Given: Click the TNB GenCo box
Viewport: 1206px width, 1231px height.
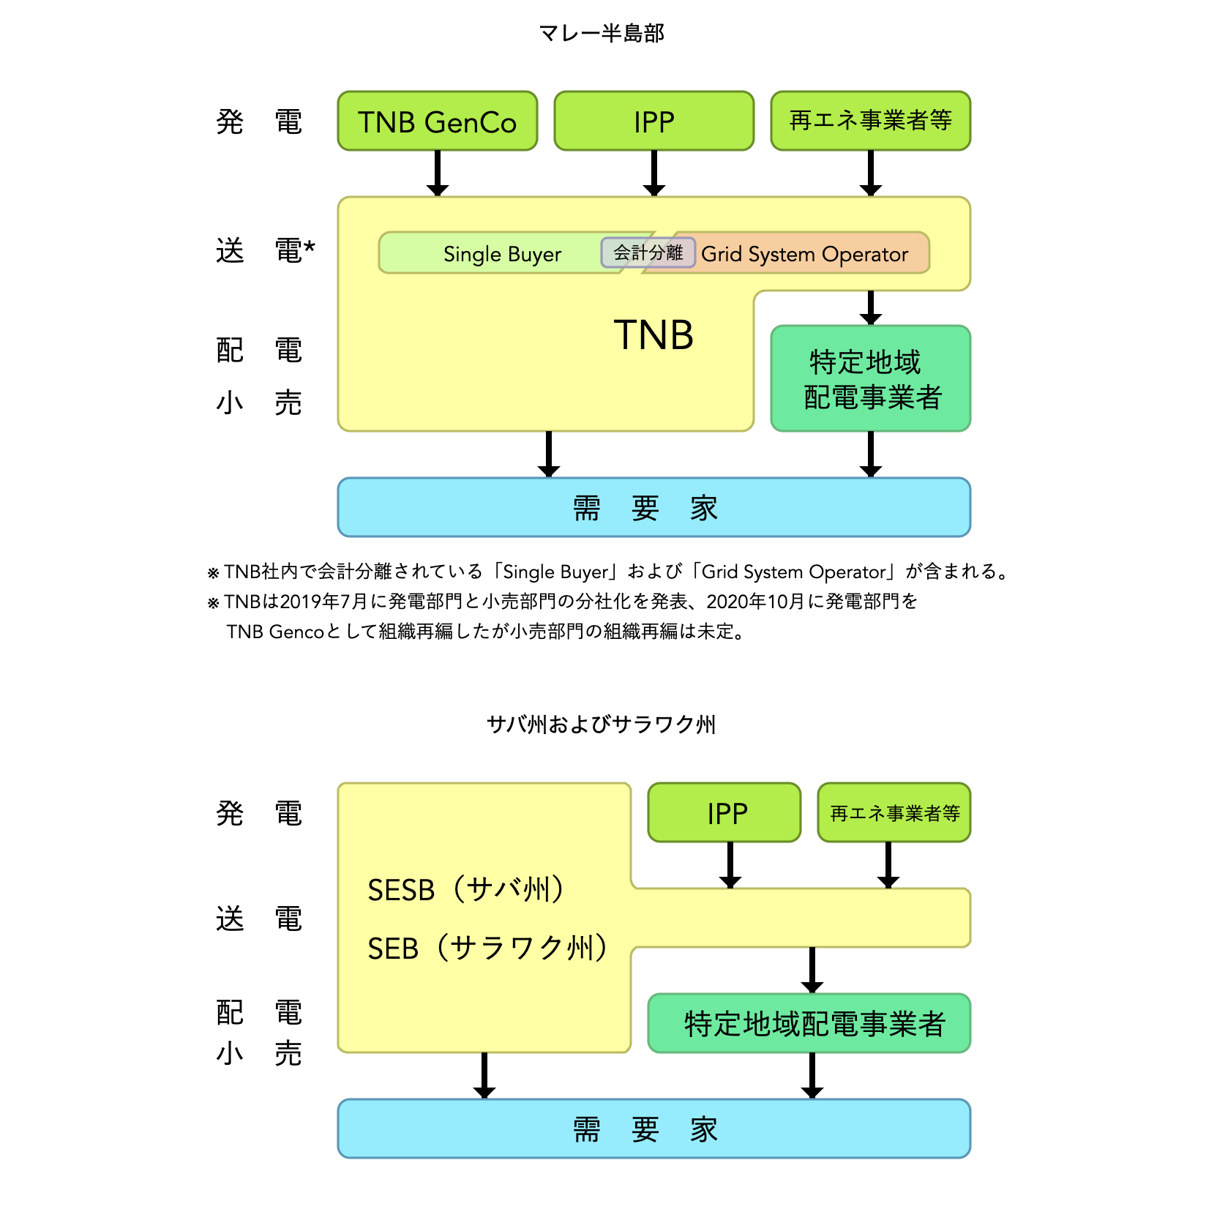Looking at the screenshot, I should [x=437, y=121].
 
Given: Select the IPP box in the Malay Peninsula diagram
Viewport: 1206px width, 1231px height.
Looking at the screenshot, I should [x=653, y=121].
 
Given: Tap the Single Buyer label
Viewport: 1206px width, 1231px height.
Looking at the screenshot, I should [x=502, y=254].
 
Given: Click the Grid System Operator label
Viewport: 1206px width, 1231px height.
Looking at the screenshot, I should [x=804, y=254].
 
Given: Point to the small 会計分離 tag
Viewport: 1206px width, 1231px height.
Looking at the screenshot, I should [x=648, y=252].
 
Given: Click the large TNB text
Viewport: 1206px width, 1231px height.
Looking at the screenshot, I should [x=653, y=336].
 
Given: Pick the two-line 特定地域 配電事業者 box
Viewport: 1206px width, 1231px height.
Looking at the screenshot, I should [x=870, y=379].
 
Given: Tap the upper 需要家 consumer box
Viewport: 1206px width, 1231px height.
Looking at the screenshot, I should [x=653, y=507].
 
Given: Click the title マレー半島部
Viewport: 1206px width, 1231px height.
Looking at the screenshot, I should [x=602, y=33].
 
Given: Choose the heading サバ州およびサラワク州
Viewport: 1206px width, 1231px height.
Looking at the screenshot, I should [x=602, y=725].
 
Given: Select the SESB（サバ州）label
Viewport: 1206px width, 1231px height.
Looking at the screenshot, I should [x=466, y=890].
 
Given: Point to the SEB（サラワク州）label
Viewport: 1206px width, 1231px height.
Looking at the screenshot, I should [x=487, y=948].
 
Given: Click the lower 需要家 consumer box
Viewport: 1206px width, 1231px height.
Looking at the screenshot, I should [x=653, y=1129].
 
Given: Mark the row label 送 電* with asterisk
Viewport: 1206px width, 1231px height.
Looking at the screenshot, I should [x=265, y=250].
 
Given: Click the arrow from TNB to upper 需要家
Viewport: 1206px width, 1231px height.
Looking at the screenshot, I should [x=548, y=454].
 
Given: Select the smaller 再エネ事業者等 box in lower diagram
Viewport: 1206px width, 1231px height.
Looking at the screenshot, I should [x=894, y=813].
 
